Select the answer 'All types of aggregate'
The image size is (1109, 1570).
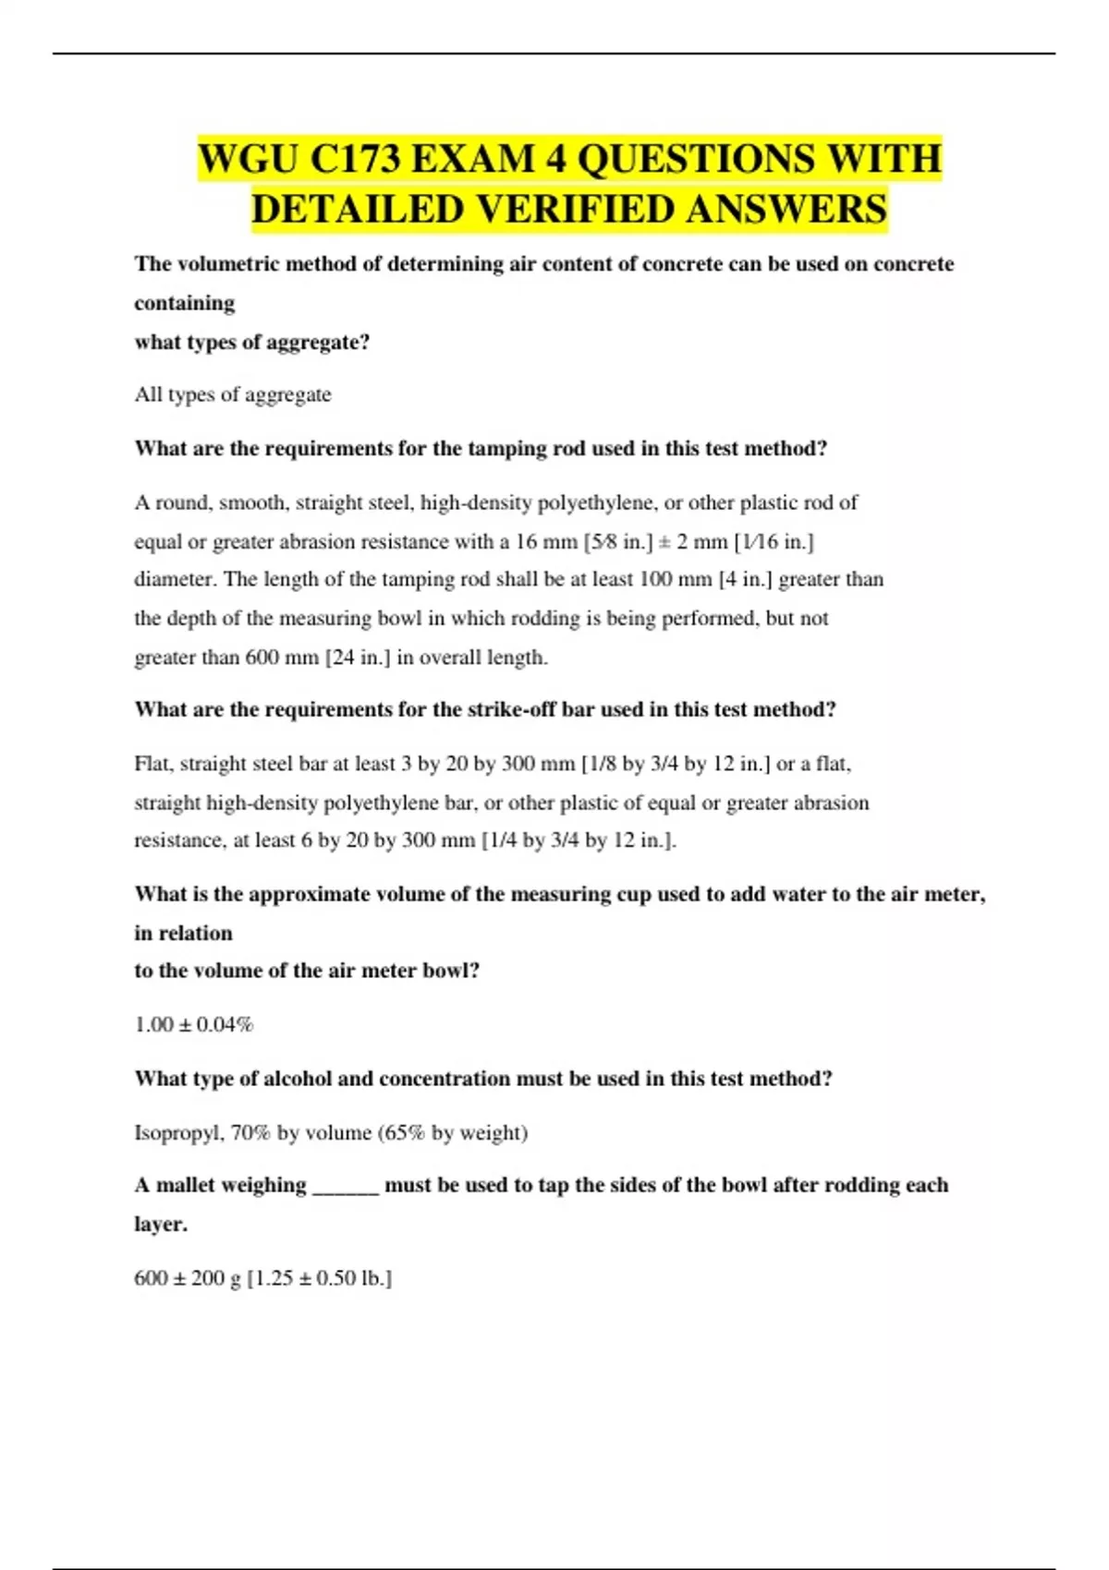[233, 395]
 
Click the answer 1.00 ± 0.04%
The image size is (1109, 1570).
[194, 1025]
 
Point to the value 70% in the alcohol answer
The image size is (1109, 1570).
[250, 1133]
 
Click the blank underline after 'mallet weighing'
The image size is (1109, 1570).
[346, 1188]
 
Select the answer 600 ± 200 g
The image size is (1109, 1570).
[188, 1279]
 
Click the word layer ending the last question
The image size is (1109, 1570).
[160, 1225]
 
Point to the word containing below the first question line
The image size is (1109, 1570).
[184, 303]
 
